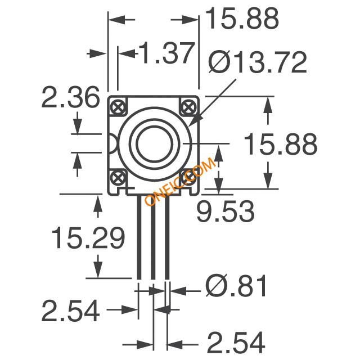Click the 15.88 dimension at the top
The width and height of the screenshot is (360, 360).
[242, 19]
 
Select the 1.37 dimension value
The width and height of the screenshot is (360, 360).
[166, 53]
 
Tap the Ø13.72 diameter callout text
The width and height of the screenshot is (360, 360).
[258, 62]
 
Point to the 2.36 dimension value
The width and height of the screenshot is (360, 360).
[70, 97]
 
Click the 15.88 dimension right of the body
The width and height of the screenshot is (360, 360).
[280, 144]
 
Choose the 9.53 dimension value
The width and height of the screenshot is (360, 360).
[226, 211]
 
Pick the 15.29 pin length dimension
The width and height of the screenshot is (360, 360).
[88, 238]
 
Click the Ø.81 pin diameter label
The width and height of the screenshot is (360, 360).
[236, 285]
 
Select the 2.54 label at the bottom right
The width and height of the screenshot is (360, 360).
[236, 342]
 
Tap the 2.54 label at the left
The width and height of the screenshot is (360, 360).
[70, 310]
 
